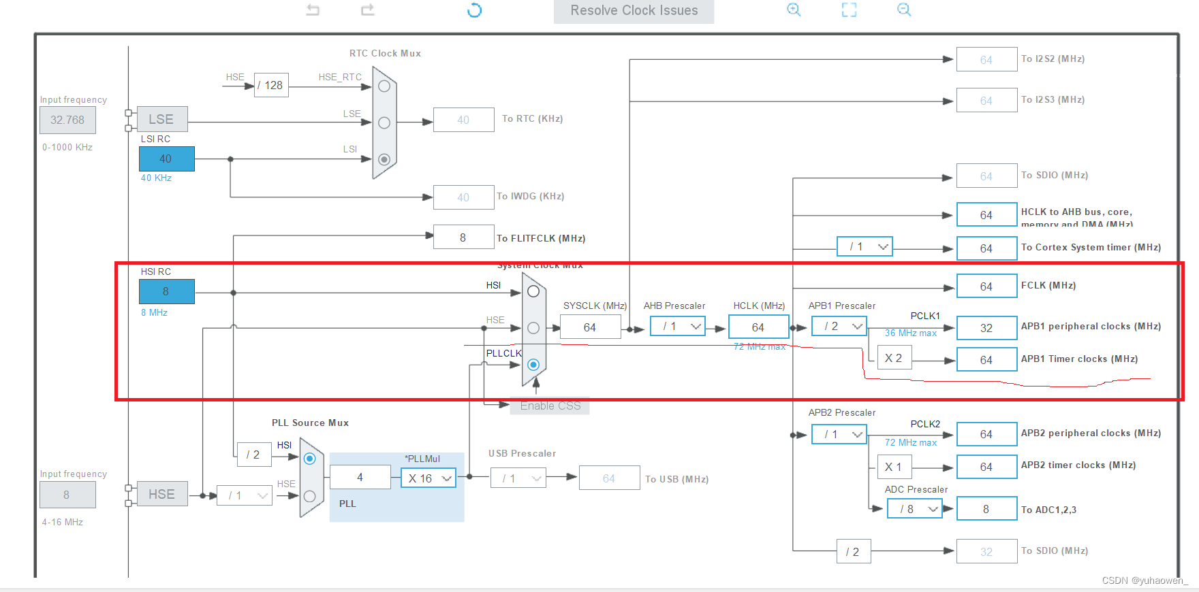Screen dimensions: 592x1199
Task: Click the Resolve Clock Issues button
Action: point(634,11)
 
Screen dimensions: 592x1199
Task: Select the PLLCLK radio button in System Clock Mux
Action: point(533,365)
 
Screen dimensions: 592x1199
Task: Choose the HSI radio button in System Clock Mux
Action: point(533,291)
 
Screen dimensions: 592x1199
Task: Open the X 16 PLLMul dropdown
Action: point(429,478)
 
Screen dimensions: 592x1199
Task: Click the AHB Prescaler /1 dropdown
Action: point(678,327)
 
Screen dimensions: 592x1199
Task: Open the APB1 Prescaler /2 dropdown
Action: point(839,327)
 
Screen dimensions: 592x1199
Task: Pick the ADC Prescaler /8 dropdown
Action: point(915,509)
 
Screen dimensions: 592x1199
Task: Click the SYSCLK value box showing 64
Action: point(590,327)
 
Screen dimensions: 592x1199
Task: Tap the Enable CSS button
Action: point(550,406)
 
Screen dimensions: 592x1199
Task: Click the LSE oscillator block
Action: point(162,119)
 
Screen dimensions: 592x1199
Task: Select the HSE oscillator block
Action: point(162,495)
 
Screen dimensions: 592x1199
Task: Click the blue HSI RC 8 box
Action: point(166,291)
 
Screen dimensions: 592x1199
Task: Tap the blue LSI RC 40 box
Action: point(166,159)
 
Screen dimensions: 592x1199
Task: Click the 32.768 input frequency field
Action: point(67,120)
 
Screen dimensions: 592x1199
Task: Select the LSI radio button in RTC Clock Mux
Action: point(384,159)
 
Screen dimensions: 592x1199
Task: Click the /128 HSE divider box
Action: point(271,85)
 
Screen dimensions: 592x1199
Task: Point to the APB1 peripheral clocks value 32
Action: point(986,328)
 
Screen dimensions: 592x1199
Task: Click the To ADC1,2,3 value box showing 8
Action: point(986,509)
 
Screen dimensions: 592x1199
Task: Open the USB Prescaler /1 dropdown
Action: point(518,478)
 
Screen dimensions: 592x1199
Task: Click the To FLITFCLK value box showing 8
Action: point(463,237)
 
